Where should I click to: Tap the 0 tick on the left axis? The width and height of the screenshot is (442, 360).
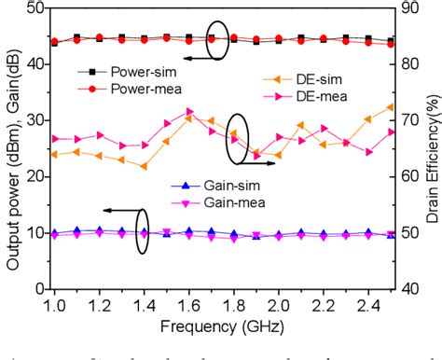36,288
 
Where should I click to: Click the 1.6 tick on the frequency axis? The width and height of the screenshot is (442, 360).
189,304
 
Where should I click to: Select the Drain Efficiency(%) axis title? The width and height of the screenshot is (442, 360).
433,149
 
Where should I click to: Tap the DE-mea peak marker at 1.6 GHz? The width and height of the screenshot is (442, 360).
189,111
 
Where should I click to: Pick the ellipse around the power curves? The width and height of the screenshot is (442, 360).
217,39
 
